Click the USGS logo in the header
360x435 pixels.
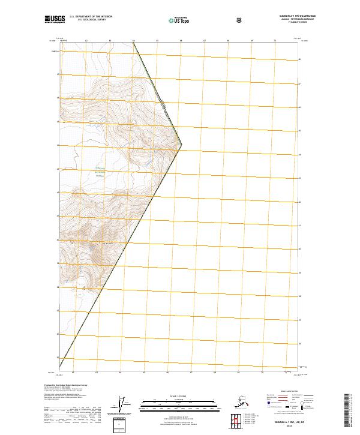point(54,20)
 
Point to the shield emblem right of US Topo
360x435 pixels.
point(239,20)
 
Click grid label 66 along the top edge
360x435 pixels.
point(181,41)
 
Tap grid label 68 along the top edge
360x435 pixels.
point(228,41)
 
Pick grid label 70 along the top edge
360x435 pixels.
point(275,41)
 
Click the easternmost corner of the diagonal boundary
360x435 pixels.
point(182,144)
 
